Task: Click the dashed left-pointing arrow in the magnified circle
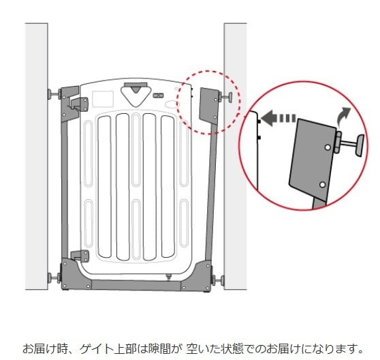pyautogui.click(x=279, y=118)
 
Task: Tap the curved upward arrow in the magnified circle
pyautogui.click(x=344, y=115)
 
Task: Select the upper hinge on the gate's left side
pyautogui.click(x=80, y=104)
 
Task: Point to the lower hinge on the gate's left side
pyautogui.click(x=80, y=256)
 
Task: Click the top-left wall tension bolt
pyautogui.click(x=54, y=94)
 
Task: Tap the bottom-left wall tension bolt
pyautogui.click(x=54, y=277)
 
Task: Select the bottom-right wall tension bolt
pyautogui.click(x=218, y=280)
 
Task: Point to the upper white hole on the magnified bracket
pyautogui.click(x=328, y=147)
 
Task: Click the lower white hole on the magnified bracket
pyautogui.click(x=323, y=185)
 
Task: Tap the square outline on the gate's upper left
pyautogui.click(x=103, y=99)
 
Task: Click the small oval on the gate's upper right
pyautogui.click(x=172, y=104)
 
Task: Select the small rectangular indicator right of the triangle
pyautogui.click(x=158, y=95)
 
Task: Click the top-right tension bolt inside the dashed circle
pyautogui.click(x=225, y=97)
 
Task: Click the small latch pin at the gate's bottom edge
pyautogui.click(x=168, y=277)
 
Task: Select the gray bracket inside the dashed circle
pyautogui.click(x=209, y=106)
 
